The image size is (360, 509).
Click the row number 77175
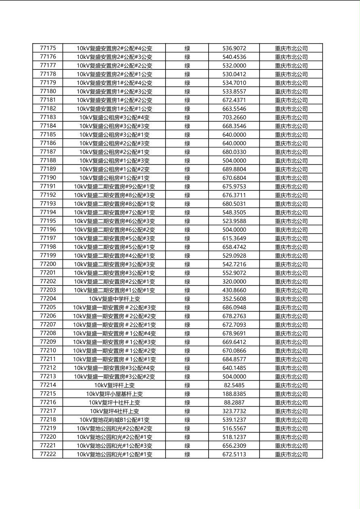coord(48,48)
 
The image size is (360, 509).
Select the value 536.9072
coord(234,48)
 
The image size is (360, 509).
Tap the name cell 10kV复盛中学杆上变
coord(114,299)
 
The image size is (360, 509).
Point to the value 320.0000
coord(234,282)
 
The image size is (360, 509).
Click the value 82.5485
coord(234,385)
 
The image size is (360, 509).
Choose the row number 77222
coord(48,454)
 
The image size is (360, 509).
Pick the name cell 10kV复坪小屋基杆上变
coord(114,394)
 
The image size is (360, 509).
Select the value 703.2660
coord(234,117)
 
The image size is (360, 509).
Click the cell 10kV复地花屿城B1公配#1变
coord(114,420)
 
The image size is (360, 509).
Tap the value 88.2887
coord(234,403)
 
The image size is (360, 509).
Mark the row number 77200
coord(48,264)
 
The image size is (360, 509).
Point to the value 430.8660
coord(234,290)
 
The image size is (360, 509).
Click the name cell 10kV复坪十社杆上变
coord(114,403)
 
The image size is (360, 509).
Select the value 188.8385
coord(234,394)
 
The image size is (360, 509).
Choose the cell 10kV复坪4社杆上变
coord(114,411)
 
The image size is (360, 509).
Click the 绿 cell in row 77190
coord(187,178)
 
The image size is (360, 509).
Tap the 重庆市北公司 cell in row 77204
coord(291,299)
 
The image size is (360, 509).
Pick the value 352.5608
coord(234,299)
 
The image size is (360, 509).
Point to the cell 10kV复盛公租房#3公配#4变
coord(114,117)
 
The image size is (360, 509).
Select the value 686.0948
coord(234,307)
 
